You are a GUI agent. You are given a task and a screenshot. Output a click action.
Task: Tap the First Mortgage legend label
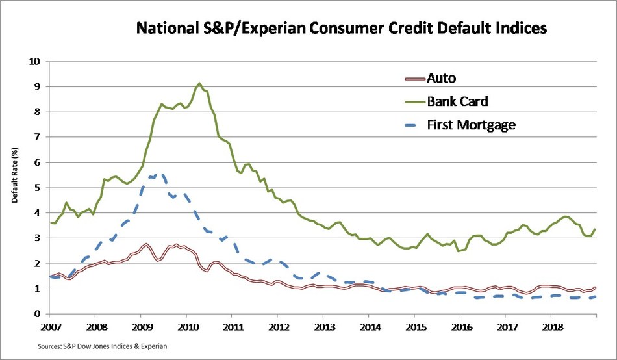[471, 125]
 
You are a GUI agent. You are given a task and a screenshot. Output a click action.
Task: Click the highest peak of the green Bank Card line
[199, 83]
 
